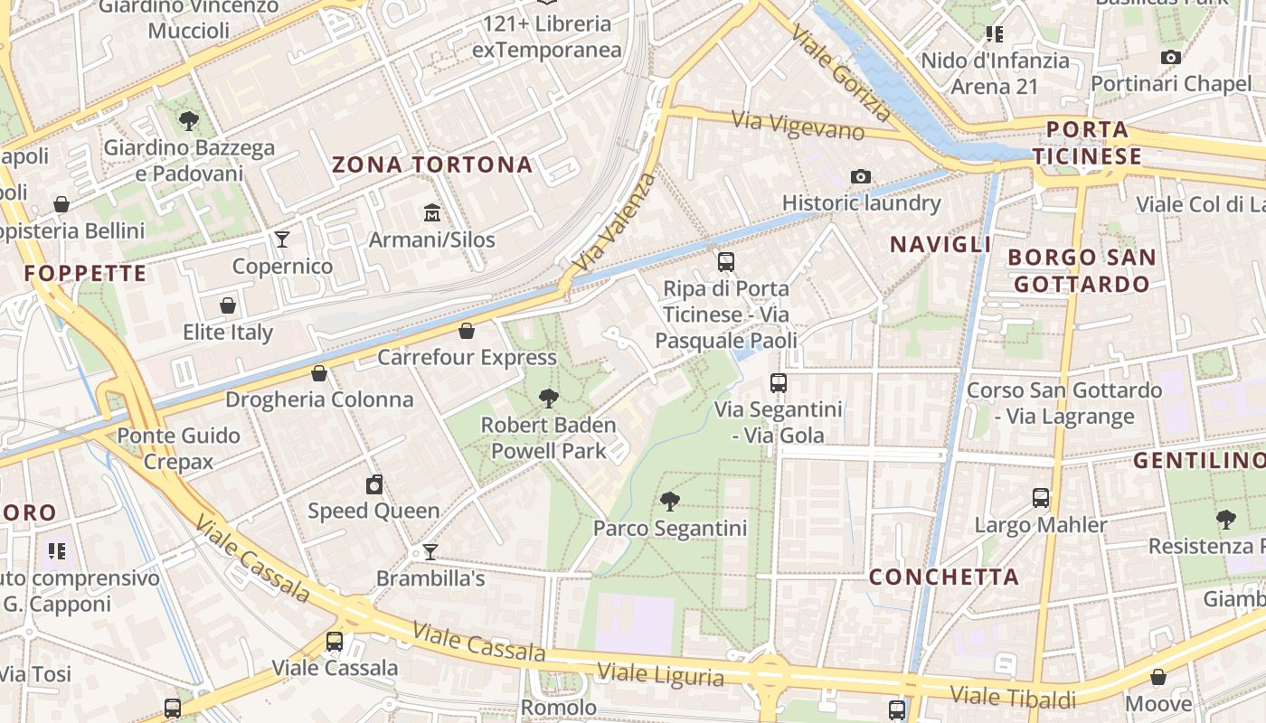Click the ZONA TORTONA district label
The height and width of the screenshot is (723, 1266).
pyautogui.click(x=432, y=164)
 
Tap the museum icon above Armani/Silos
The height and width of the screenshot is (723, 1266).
pyautogui.click(x=432, y=213)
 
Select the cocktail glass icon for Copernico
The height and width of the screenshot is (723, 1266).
pyautogui.click(x=282, y=239)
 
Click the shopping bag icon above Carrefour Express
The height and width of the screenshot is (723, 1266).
pyautogui.click(x=467, y=331)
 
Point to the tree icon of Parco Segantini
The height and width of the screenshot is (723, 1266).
pyautogui.click(x=670, y=501)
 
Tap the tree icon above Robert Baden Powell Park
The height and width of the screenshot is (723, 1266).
pyautogui.click(x=548, y=398)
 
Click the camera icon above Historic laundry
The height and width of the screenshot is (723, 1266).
pyautogui.click(x=861, y=176)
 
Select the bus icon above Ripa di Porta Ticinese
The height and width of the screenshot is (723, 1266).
pyautogui.click(x=726, y=262)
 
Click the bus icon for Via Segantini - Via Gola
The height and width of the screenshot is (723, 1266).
pyautogui.click(x=779, y=382)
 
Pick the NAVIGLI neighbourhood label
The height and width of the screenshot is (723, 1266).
pyautogui.click(x=940, y=244)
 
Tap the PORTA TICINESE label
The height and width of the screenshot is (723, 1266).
pyautogui.click(x=1087, y=143)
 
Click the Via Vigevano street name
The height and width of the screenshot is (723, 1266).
pyautogui.click(x=798, y=126)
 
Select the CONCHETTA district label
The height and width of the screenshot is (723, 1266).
pyautogui.click(x=944, y=577)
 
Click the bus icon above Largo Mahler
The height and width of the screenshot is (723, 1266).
pyautogui.click(x=1041, y=498)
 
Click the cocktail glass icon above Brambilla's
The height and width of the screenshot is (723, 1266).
pyautogui.click(x=430, y=551)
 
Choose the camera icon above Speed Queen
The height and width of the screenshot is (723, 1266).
pyautogui.click(x=374, y=484)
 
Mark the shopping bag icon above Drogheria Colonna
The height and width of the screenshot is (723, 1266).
pyautogui.click(x=319, y=372)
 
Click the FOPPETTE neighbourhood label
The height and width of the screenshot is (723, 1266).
pyautogui.click(x=85, y=273)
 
